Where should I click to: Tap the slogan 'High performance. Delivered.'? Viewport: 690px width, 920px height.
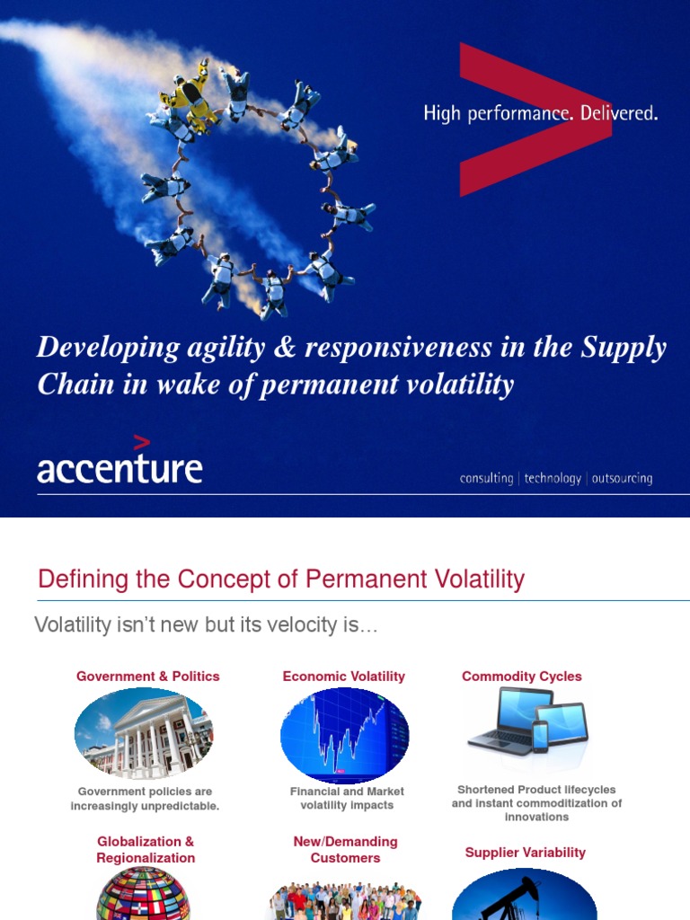pos(541,114)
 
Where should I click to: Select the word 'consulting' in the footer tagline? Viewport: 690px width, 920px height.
pos(486,479)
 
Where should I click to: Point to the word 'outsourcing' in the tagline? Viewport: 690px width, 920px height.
pos(622,479)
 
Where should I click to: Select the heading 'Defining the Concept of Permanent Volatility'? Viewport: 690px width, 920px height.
pos(280,579)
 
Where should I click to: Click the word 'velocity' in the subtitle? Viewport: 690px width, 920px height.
pos(278,625)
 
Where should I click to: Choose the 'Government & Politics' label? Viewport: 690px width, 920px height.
pos(147,677)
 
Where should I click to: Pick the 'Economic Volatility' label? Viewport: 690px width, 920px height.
pos(344,677)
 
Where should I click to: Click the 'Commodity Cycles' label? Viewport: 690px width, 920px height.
pos(522,677)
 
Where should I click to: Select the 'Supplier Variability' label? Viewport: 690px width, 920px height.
pos(526,853)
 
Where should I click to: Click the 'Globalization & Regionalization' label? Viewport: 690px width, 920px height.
pos(146,850)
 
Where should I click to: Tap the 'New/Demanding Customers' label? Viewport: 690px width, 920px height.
pos(345,850)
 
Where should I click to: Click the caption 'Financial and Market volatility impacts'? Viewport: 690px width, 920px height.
pos(347,798)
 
